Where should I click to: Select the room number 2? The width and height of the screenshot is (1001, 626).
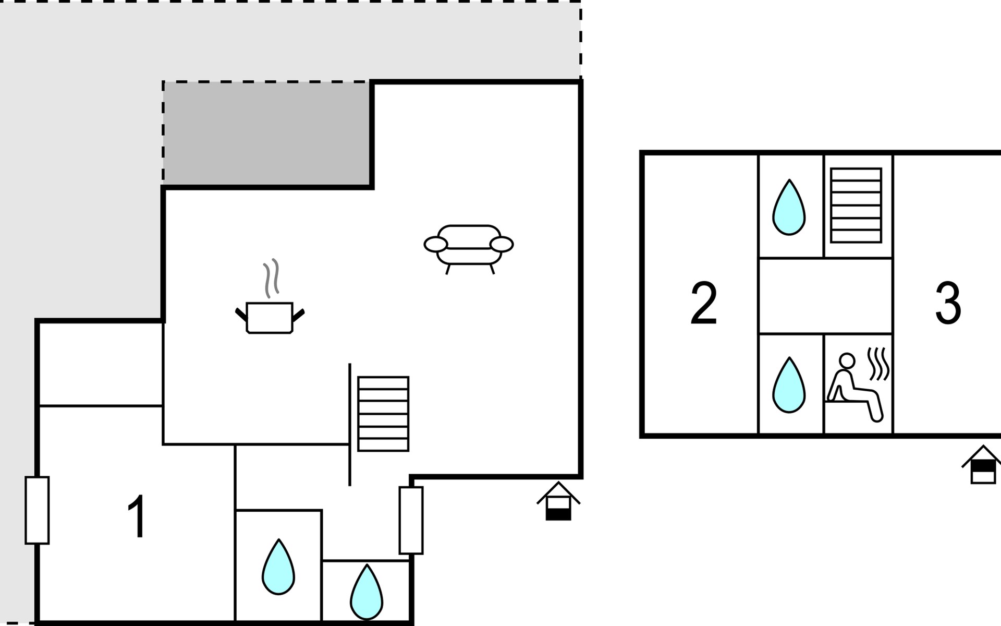pyautogui.click(x=704, y=303)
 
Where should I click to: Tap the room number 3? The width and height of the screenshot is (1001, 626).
pyautogui.click(x=948, y=303)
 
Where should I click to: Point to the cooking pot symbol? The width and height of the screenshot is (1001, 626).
pyautogui.click(x=270, y=317)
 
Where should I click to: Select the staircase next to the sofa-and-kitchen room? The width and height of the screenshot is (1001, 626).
pyautogui.click(x=383, y=414)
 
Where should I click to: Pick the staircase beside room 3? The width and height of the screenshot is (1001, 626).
pyautogui.click(x=856, y=205)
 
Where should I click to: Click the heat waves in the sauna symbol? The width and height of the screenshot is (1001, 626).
pyautogui.click(x=878, y=364)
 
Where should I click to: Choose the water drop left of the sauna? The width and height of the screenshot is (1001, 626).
pyautogui.click(x=789, y=385)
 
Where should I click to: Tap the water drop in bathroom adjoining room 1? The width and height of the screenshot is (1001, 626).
pyautogui.click(x=278, y=567)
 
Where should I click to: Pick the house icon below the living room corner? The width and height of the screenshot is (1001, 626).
pyautogui.click(x=558, y=501)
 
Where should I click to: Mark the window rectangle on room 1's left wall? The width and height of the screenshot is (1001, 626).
pyautogui.click(x=37, y=510)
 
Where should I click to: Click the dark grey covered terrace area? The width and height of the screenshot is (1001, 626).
pyautogui.click(x=267, y=134)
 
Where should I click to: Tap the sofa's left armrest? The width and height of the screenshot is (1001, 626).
pyautogui.click(x=435, y=244)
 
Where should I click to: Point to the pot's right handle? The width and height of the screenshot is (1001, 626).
pyautogui.click(x=298, y=316)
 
